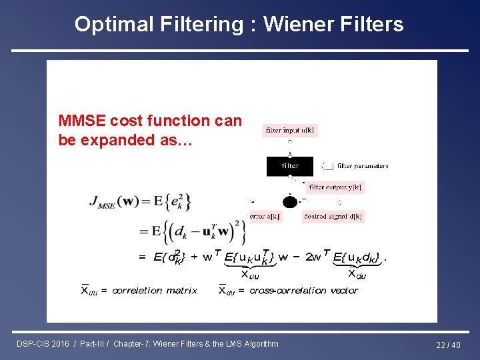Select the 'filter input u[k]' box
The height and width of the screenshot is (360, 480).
[290, 131]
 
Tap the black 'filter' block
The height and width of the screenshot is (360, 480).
[290, 165]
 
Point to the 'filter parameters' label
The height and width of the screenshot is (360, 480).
[363, 166]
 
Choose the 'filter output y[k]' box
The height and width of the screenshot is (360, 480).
[335, 187]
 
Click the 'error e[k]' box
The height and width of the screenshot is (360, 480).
[265, 217]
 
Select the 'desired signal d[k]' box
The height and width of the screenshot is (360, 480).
[333, 217]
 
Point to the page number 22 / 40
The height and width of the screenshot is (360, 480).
[447, 344]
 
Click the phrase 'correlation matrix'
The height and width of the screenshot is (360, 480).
[154, 291]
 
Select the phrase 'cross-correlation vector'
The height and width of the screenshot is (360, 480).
[297, 291]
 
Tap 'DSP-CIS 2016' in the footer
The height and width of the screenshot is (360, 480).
[44, 344]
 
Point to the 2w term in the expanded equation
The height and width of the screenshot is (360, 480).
[313, 257]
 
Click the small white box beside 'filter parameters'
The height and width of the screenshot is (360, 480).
[328, 166]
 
